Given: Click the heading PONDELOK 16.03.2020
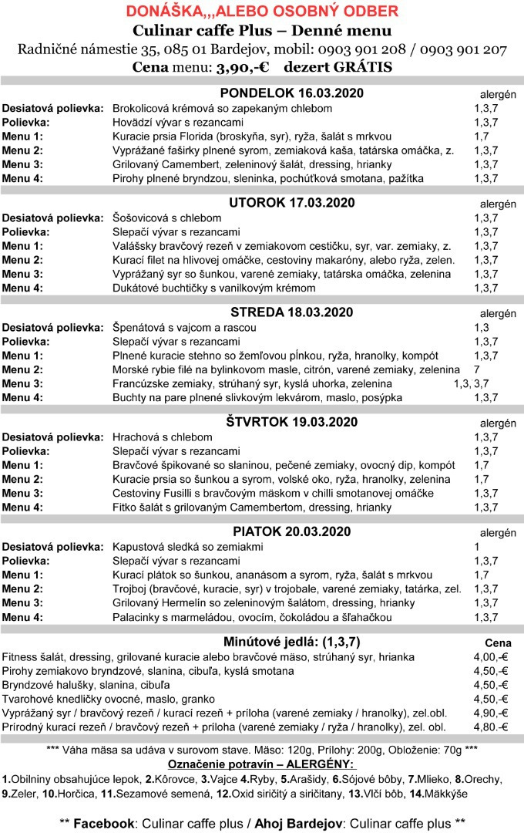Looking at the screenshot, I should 292,93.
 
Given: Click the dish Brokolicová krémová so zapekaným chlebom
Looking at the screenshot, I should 223,108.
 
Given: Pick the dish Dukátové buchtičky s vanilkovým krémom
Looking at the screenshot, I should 214,288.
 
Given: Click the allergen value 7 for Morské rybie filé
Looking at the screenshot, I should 477,369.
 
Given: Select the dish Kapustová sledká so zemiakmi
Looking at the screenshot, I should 196,546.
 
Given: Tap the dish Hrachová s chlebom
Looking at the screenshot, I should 163,437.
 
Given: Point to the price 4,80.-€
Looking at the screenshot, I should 490,727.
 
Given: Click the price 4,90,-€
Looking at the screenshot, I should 490,713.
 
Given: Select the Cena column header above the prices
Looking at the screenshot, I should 498,642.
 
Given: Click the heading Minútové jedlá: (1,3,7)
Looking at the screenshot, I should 292,641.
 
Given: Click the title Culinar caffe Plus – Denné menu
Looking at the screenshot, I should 262,31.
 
